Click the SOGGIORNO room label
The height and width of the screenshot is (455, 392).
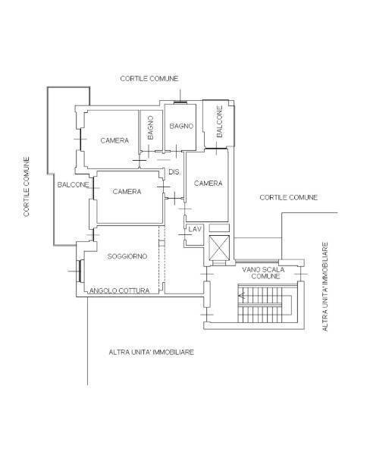(x=127, y=257)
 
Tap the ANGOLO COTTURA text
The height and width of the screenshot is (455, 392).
(x=124, y=290)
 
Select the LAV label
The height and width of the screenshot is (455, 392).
(x=194, y=228)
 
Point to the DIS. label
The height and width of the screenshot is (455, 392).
(x=174, y=171)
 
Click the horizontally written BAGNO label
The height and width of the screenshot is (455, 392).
(x=182, y=125)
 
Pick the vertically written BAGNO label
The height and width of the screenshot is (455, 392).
(x=151, y=127)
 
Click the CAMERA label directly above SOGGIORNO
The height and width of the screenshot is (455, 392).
(x=127, y=192)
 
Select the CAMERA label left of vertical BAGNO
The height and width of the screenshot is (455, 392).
(x=114, y=140)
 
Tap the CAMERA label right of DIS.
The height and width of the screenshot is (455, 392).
(x=208, y=184)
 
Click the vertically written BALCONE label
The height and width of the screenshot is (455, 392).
(x=219, y=122)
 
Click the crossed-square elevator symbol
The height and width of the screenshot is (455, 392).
(x=218, y=249)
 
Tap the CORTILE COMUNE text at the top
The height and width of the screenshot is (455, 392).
(x=149, y=79)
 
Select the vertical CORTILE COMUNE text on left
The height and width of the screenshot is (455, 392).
(x=27, y=187)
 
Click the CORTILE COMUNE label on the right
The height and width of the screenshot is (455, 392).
(x=288, y=197)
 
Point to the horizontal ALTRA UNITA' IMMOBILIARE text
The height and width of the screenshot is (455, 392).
(x=152, y=353)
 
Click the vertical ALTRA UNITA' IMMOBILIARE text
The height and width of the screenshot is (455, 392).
(x=325, y=287)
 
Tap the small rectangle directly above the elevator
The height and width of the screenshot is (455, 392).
(x=218, y=227)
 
